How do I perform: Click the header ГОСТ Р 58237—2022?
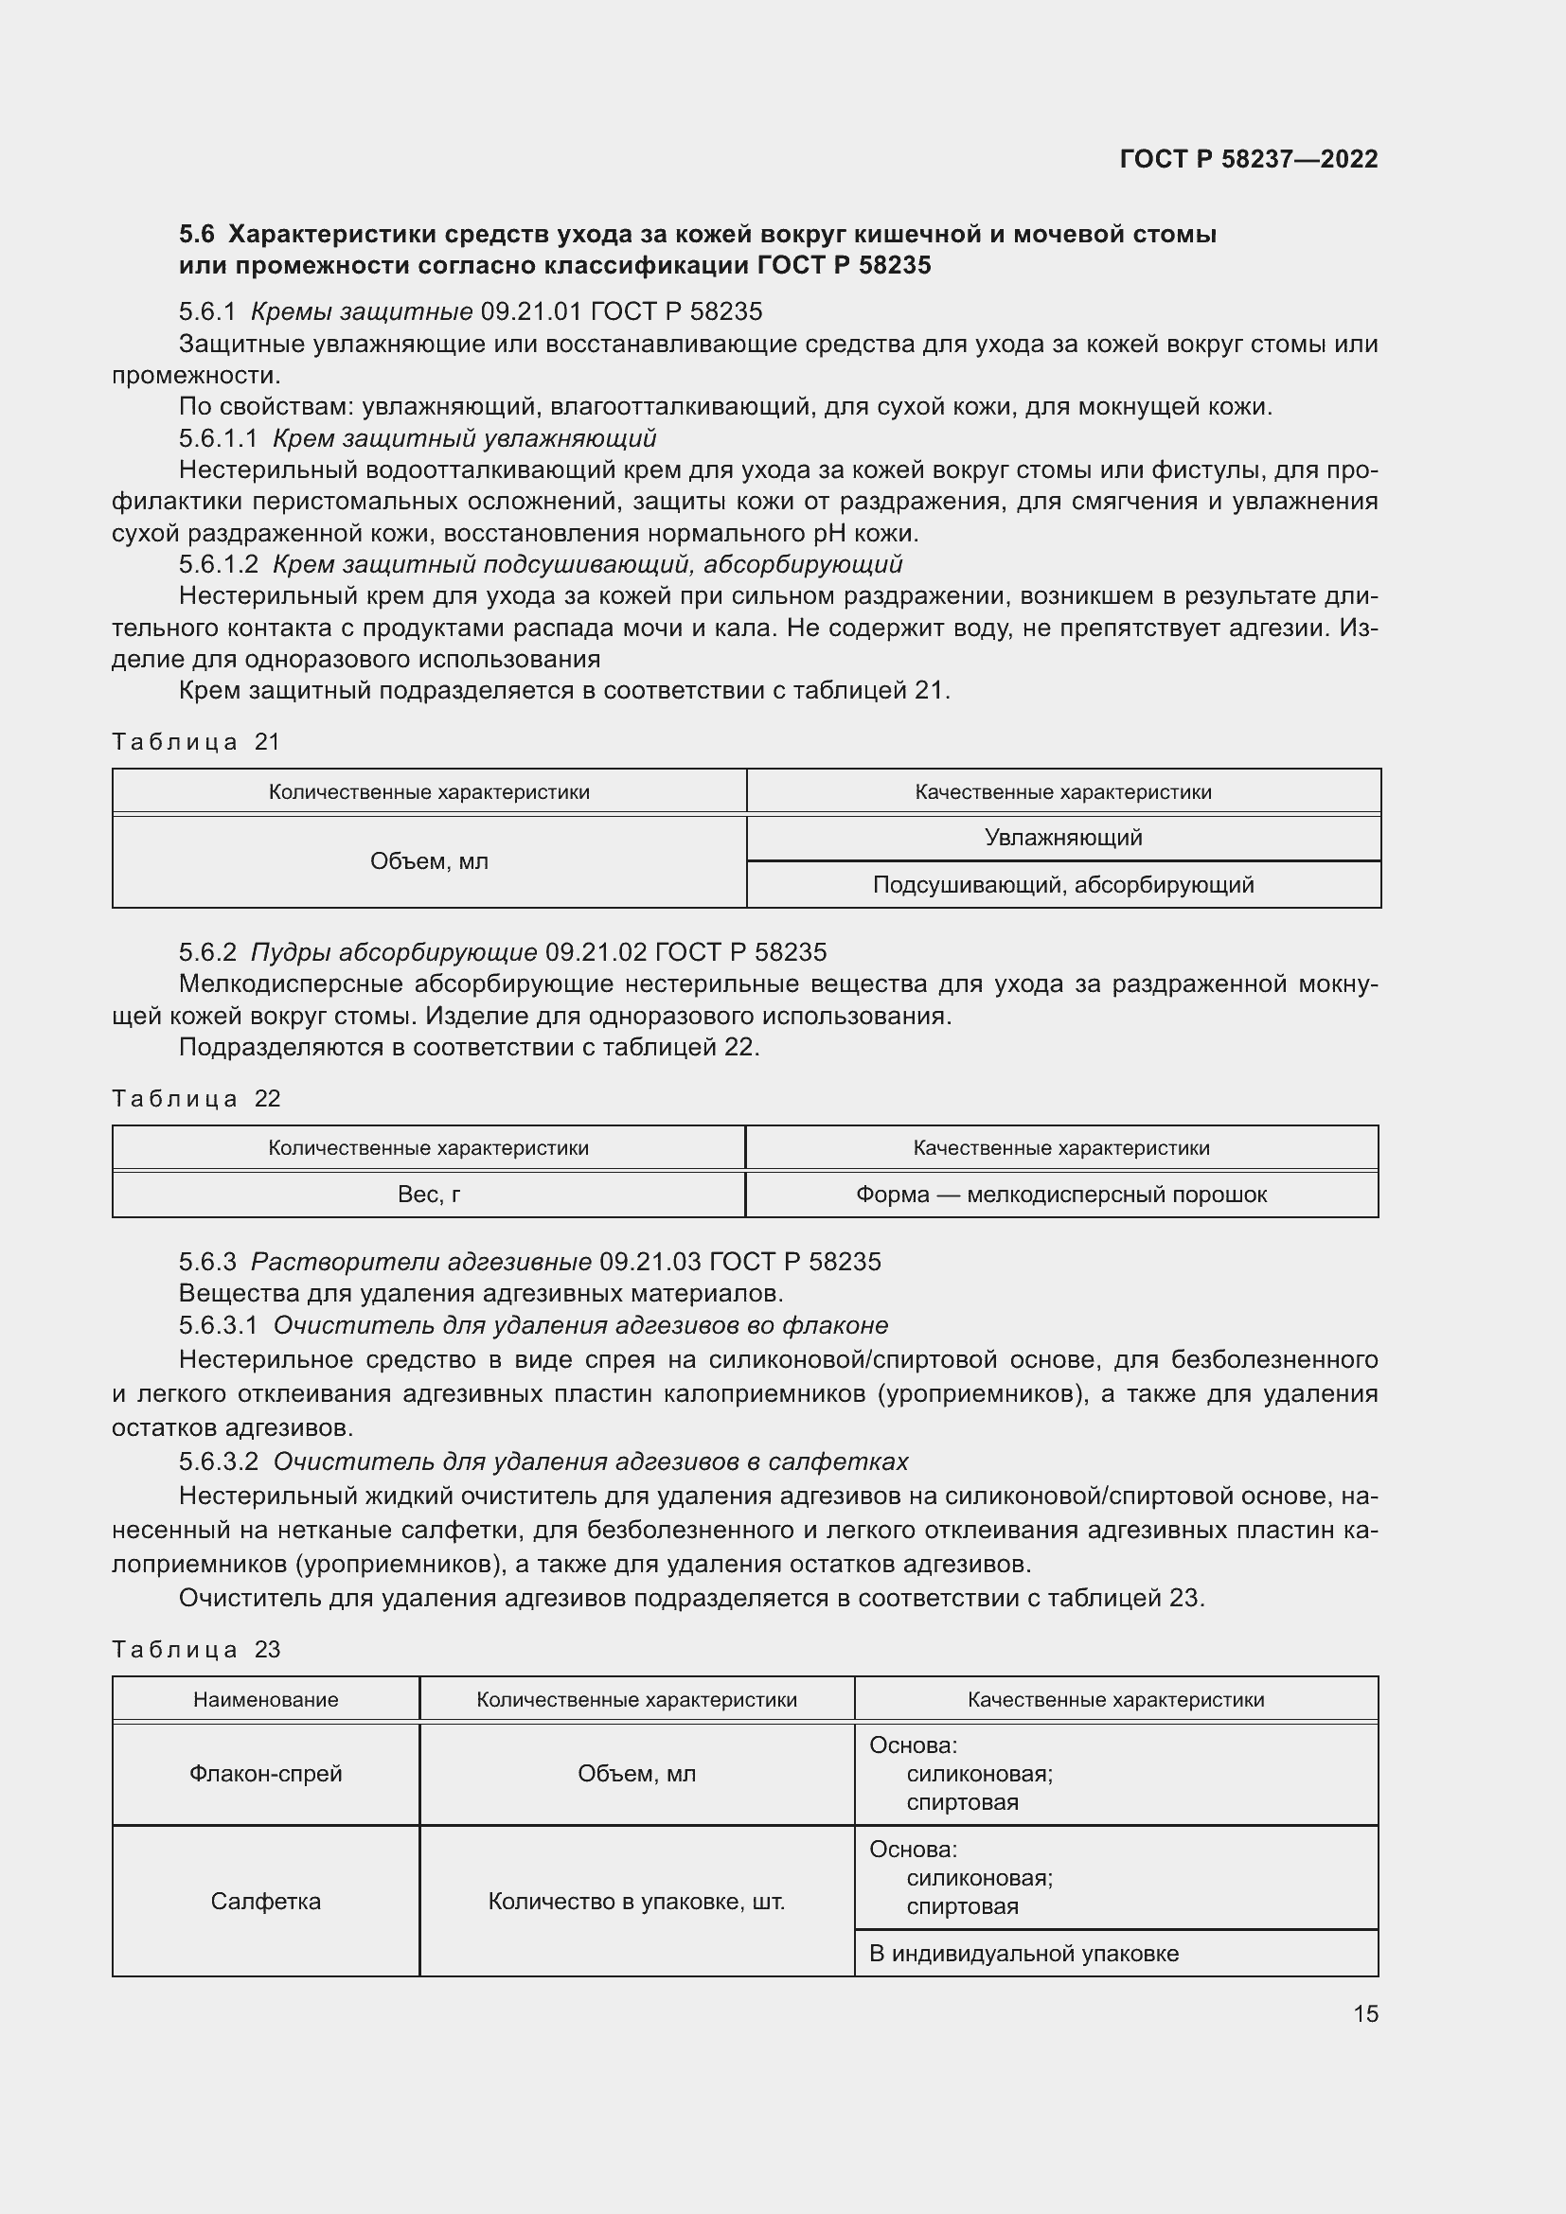click(x=1248, y=159)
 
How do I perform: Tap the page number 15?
click(x=1364, y=2013)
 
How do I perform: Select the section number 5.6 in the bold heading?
click(x=197, y=235)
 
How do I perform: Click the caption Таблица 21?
click(x=196, y=741)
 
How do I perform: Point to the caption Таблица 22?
click(x=196, y=1098)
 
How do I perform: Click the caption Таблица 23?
click(x=196, y=1649)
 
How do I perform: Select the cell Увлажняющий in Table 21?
click(x=1062, y=838)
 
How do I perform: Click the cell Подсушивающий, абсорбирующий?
click(x=1062, y=885)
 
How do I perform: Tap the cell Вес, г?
click(x=428, y=1195)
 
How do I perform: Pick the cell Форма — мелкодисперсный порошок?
click(x=1060, y=1195)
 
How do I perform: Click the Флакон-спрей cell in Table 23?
click(x=265, y=1773)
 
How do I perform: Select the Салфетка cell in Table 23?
click(x=265, y=1901)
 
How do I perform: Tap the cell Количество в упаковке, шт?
click(x=636, y=1901)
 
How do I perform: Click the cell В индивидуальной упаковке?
click(x=1023, y=1953)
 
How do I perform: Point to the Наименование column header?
click(x=265, y=1699)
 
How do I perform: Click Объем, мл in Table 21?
click(x=428, y=862)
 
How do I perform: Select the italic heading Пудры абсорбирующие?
click(x=394, y=953)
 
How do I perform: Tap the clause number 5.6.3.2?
click(x=218, y=1461)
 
